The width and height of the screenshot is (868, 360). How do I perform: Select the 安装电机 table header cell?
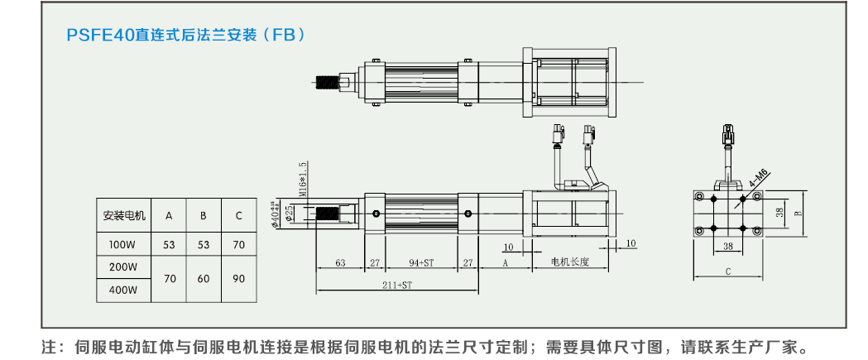[124, 216]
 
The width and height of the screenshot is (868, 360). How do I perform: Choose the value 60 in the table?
[204, 279]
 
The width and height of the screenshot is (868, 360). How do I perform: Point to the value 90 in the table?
[238, 279]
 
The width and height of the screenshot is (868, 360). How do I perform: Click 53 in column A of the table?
[169, 245]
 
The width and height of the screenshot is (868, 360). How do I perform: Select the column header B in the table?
[204, 216]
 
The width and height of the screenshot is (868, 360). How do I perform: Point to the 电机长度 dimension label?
[570, 262]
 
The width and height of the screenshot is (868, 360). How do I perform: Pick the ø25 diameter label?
[289, 214]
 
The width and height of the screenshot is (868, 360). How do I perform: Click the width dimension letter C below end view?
[727, 271]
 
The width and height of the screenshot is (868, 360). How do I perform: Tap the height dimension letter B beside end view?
[798, 213]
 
